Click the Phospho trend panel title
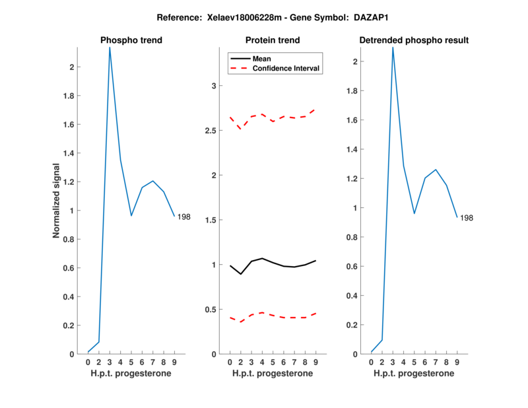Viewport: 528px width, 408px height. click(131, 40)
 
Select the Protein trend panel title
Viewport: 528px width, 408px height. click(273, 40)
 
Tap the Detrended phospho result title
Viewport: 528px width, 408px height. click(414, 40)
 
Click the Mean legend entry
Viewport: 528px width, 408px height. click(261, 59)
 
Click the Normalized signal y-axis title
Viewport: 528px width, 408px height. click(57, 200)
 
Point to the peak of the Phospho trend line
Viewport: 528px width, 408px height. click(110, 48)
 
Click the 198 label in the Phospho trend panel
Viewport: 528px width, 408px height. click(184, 217)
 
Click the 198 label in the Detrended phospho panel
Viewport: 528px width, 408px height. click(467, 218)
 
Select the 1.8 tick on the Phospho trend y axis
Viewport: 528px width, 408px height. click(69, 96)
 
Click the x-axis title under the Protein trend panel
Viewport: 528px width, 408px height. click(273, 374)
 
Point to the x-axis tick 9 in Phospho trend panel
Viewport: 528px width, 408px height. click(174, 362)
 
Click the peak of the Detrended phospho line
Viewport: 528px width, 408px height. click(393, 48)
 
